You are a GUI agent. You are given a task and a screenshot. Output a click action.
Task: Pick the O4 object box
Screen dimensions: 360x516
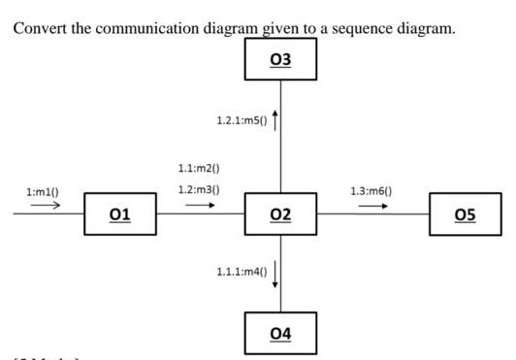click(x=281, y=333)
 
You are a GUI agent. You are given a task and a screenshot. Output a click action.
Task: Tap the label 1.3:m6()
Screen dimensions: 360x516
click(x=371, y=192)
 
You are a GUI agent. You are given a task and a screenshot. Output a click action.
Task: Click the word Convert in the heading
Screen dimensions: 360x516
click(x=39, y=28)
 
